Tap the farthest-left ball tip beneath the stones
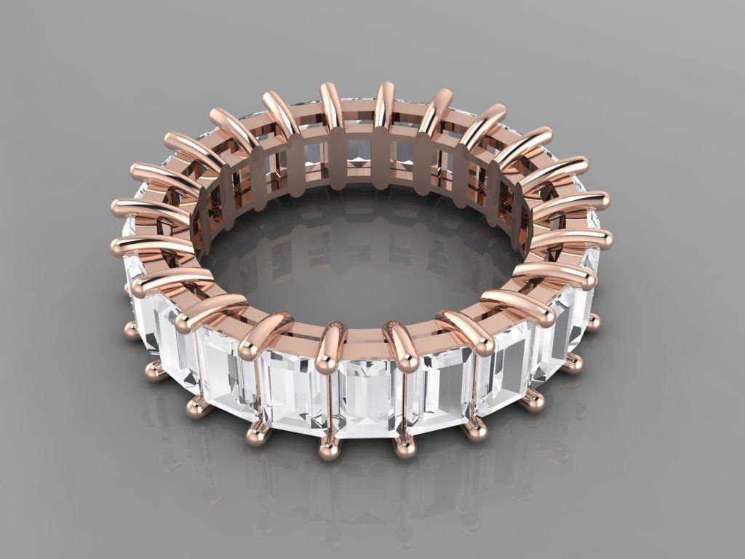pos(131,331)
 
